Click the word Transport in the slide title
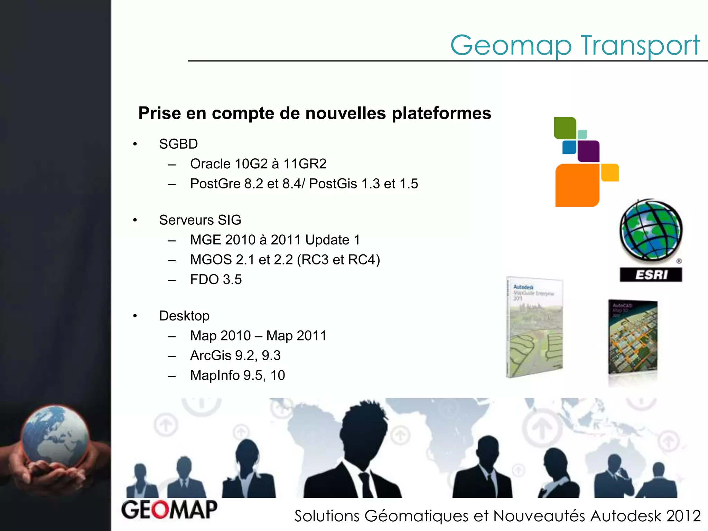click(x=640, y=46)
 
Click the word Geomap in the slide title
click(x=511, y=46)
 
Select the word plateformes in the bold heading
click(x=441, y=114)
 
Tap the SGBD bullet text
click(x=178, y=144)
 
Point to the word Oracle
click(x=210, y=164)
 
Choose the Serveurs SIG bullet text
click(x=200, y=220)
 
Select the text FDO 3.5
click(x=216, y=279)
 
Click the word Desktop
click(x=184, y=316)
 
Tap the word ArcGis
click(x=211, y=355)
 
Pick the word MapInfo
click(x=215, y=375)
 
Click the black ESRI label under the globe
click(x=651, y=275)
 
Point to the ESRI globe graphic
click(x=651, y=230)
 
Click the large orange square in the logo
click(x=577, y=185)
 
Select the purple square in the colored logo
click(x=588, y=151)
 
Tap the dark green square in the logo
click(x=565, y=128)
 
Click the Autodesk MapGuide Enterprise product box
click(x=534, y=327)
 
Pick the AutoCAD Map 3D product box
click(x=633, y=337)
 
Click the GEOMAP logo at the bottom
click(x=169, y=510)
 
